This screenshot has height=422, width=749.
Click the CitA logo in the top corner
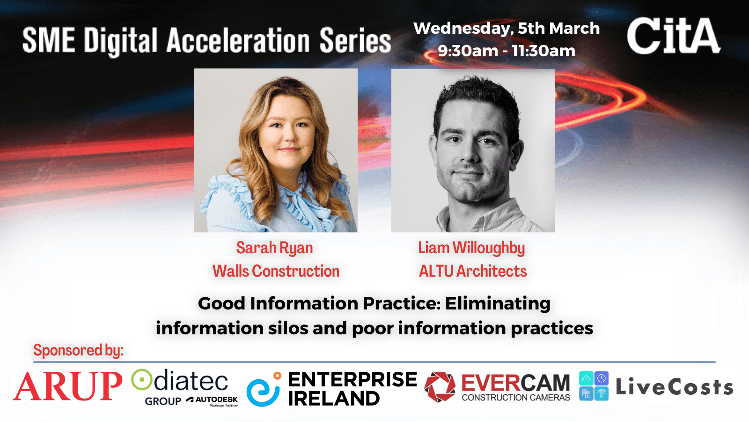[674, 36]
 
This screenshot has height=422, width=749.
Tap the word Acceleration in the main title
[238, 40]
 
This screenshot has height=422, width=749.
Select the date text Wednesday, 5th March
[507, 28]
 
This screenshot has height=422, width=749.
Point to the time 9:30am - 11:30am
[507, 51]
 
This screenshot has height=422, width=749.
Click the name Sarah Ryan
[274, 248]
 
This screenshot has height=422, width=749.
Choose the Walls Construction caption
[276, 271]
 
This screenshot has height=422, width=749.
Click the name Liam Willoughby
[471, 248]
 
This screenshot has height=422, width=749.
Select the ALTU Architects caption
[473, 271]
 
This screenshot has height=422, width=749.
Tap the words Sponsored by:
[79, 351]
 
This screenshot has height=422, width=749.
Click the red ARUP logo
[67, 386]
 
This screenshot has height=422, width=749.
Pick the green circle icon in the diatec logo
[142, 379]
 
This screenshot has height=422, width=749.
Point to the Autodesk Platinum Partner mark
[213, 401]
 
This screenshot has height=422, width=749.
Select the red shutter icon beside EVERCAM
[440, 387]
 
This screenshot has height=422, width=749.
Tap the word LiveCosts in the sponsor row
[675, 387]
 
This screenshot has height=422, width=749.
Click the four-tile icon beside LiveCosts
[594, 386]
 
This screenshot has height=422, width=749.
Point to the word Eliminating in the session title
[498, 304]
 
